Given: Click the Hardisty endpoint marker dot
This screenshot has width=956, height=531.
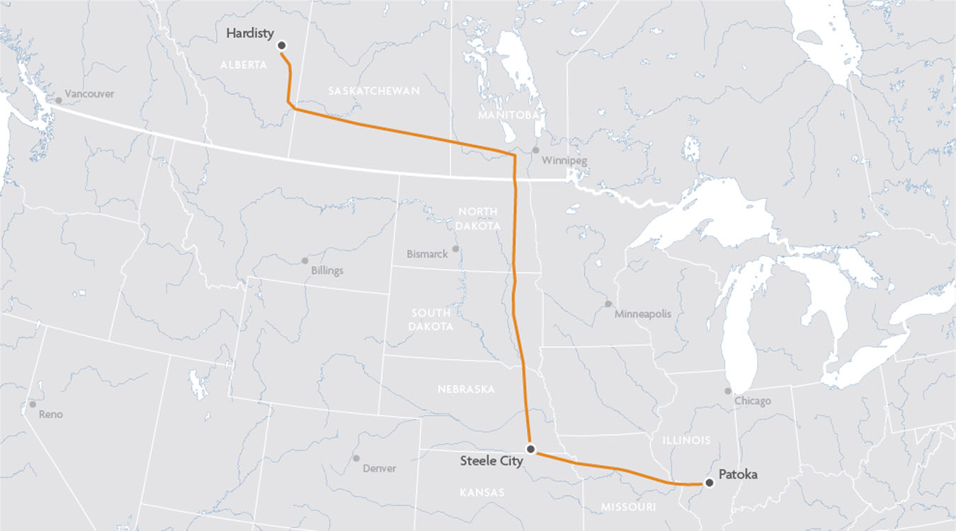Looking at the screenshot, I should pyautogui.click(x=281, y=45).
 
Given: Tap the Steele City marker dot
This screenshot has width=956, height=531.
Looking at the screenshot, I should pyautogui.click(x=530, y=449).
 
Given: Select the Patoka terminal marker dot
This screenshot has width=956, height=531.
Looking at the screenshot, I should pyautogui.click(x=709, y=482).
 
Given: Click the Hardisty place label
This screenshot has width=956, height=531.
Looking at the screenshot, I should pyautogui.click(x=250, y=33).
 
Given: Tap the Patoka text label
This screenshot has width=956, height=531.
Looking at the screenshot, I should pyautogui.click(x=738, y=474).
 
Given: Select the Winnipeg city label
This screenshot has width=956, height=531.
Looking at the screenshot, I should pyautogui.click(x=564, y=161).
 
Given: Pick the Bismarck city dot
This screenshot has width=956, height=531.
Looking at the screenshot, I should pyautogui.click(x=455, y=249).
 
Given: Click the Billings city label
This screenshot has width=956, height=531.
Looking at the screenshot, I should pyautogui.click(x=327, y=270).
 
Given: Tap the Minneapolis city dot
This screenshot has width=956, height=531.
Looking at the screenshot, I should pyautogui.click(x=608, y=304).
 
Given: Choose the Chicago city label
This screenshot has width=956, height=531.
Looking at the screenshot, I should pyautogui.click(x=752, y=401).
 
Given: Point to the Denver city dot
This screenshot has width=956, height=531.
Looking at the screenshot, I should pyautogui.click(x=356, y=459).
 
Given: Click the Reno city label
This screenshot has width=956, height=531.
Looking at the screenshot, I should pyautogui.click(x=51, y=414).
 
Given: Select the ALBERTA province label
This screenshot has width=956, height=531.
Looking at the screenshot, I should pyautogui.click(x=244, y=64).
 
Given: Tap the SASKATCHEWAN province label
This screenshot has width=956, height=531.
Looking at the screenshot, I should pyautogui.click(x=374, y=91).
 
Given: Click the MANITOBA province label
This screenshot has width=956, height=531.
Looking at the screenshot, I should pyautogui.click(x=509, y=115).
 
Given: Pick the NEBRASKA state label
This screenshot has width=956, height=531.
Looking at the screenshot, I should pyautogui.click(x=466, y=389).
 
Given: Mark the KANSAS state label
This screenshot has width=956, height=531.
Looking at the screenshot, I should pyautogui.click(x=482, y=492).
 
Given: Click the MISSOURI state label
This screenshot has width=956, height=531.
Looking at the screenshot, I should pyautogui.click(x=628, y=507).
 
